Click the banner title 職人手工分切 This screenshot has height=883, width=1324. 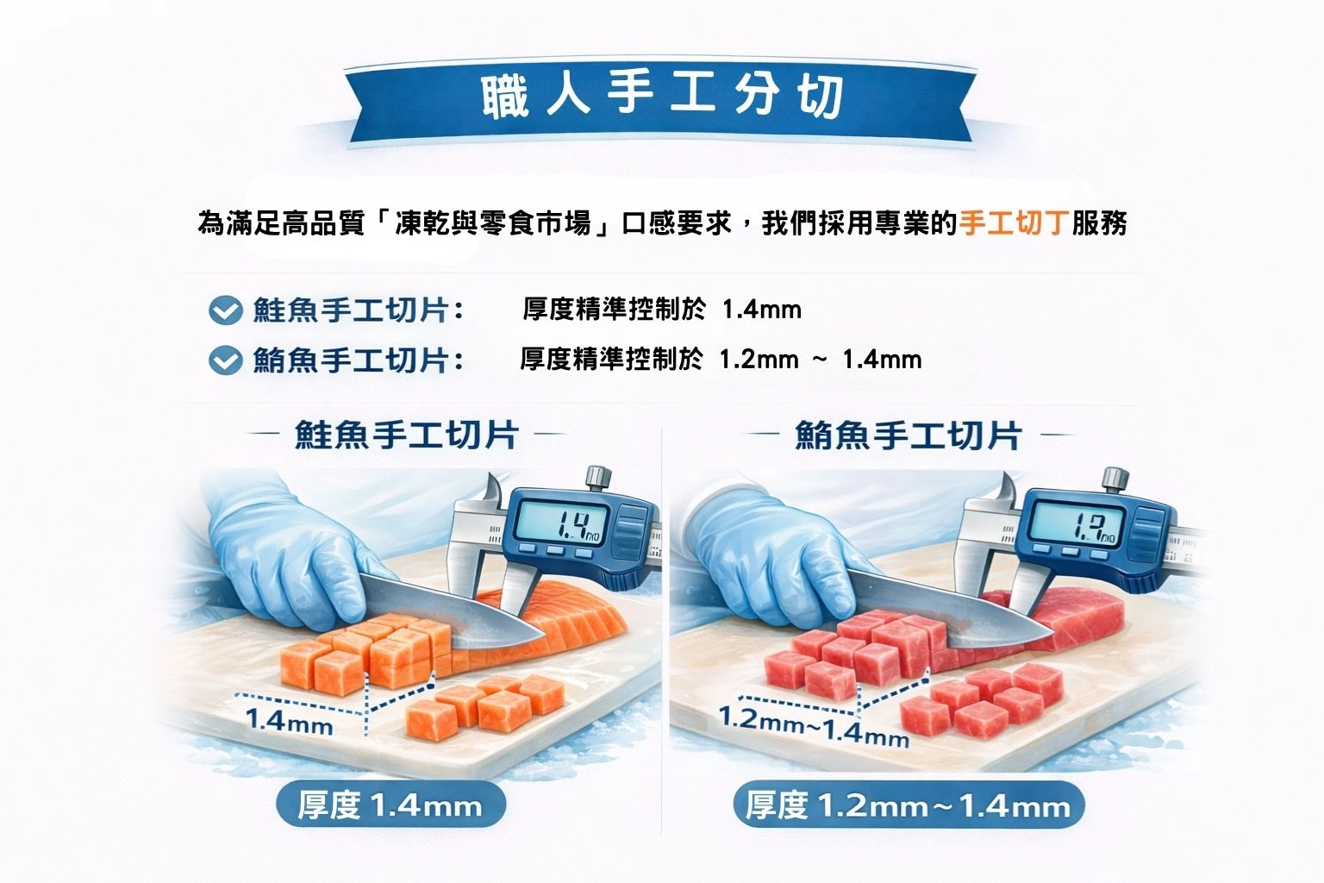[662, 96]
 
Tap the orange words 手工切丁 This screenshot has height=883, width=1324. [1014, 223]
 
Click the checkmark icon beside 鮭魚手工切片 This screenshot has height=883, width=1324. [225, 310]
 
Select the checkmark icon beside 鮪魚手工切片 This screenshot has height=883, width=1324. [225, 360]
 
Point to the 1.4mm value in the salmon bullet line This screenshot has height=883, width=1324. [761, 310]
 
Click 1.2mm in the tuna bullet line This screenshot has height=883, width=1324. [759, 360]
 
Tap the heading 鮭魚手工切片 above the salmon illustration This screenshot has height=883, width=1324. [407, 435]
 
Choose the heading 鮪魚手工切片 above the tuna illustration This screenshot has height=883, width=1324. [909, 435]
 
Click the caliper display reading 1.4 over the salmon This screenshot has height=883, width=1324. [560, 523]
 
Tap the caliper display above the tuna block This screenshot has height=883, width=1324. [1075, 524]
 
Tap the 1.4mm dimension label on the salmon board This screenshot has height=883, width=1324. [289, 722]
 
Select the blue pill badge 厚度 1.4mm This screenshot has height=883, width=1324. [390, 805]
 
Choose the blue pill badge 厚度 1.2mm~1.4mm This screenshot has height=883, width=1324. [909, 805]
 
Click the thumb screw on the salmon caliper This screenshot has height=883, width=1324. [598, 477]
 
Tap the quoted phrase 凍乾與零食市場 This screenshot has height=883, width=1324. [493, 223]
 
